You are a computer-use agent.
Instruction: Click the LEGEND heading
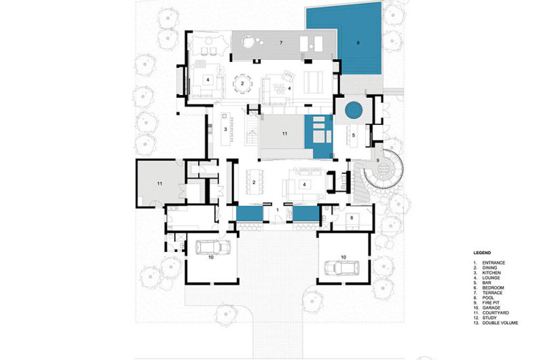(482, 253)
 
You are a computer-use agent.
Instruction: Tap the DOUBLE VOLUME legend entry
(495, 323)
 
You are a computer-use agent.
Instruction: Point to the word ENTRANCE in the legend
(493, 263)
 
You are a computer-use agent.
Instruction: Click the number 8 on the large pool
(358, 43)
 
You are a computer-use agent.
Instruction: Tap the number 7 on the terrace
(281, 43)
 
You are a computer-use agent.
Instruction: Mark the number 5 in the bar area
(354, 135)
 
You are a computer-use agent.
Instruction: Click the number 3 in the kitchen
(225, 130)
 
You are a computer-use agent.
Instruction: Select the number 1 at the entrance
(278, 210)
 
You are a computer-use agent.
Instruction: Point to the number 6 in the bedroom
(352, 217)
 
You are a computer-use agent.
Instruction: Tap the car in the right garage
(341, 268)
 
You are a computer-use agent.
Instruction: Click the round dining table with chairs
(242, 84)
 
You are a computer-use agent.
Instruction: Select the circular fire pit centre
(383, 170)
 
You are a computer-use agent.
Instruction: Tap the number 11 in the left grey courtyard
(160, 183)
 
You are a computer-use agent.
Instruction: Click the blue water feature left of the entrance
(249, 213)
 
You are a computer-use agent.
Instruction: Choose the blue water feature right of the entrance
(306, 213)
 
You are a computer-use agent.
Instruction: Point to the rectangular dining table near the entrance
(254, 182)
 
